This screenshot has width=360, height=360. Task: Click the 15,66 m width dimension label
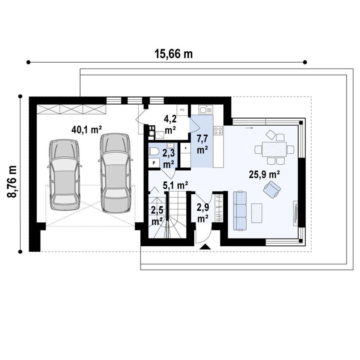point(174,54)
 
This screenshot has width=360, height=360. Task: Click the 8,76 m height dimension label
point(12,181)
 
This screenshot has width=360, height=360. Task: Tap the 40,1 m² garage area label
point(87,130)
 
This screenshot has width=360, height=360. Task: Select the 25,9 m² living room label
point(264,174)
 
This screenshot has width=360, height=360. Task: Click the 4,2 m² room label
point(170,124)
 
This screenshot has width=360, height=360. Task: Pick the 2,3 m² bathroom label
point(169,159)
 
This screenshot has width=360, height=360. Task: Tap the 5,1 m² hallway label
point(175,185)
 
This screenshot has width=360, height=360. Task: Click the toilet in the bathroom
point(154,152)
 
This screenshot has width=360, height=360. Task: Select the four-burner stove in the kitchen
point(218,130)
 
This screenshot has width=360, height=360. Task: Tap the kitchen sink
point(206,109)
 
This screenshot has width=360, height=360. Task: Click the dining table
point(274,149)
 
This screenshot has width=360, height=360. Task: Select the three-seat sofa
point(240,211)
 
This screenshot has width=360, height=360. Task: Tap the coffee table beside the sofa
point(256,213)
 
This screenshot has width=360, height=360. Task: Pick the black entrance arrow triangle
point(205,247)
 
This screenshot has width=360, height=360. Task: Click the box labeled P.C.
point(183,110)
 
